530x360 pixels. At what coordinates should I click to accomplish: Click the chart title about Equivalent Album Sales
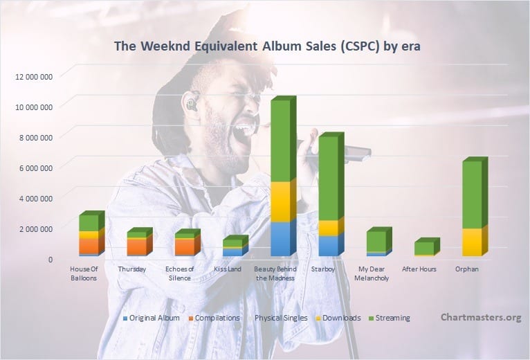coord(267,46)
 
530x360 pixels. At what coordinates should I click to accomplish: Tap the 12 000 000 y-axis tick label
coord(34,77)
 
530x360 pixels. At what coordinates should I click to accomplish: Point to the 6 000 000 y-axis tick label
coord(36,168)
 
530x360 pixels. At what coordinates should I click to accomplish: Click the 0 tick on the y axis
coord(51,260)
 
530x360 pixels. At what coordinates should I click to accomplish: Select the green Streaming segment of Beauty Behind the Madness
coord(280,141)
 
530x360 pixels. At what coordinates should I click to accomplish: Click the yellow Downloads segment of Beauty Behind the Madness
coord(280,202)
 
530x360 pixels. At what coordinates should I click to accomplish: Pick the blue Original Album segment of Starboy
coord(329,246)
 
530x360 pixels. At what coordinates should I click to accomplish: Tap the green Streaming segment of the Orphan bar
coord(472,195)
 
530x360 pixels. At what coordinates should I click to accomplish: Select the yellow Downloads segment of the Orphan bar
coord(472,242)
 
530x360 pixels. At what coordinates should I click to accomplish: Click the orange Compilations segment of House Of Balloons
coord(89,246)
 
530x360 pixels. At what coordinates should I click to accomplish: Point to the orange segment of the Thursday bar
coord(137,247)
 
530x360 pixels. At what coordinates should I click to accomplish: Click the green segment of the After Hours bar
coord(424,249)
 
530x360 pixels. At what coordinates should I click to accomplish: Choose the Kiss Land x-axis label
coord(228,269)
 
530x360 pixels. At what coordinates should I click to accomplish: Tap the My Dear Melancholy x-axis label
coord(372,273)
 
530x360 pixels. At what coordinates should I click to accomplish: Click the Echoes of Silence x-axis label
coord(179,273)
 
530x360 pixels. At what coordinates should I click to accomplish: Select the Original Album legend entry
coord(152,318)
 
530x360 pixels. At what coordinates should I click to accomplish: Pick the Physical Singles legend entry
coord(278,318)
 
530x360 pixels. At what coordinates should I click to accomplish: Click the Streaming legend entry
coord(390,318)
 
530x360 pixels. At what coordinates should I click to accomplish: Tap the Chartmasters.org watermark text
coord(481,317)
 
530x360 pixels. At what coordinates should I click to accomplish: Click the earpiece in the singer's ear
coord(192,105)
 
